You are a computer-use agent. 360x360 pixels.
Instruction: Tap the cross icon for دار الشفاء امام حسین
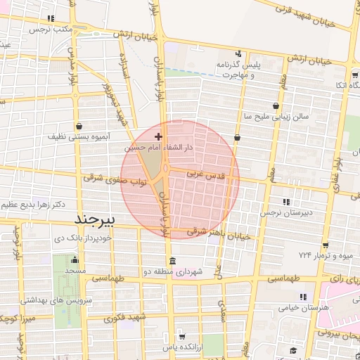tap(158, 136)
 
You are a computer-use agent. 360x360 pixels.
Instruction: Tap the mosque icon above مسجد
tap(73, 258)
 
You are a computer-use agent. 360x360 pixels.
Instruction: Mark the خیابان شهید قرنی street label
tap(314, 16)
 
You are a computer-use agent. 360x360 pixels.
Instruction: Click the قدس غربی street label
tap(205, 172)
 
